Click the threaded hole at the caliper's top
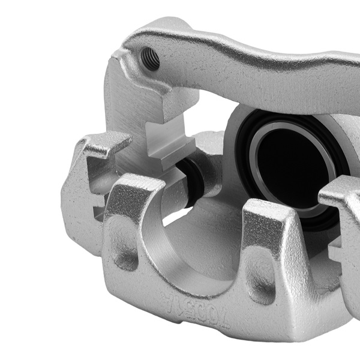(149, 59)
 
